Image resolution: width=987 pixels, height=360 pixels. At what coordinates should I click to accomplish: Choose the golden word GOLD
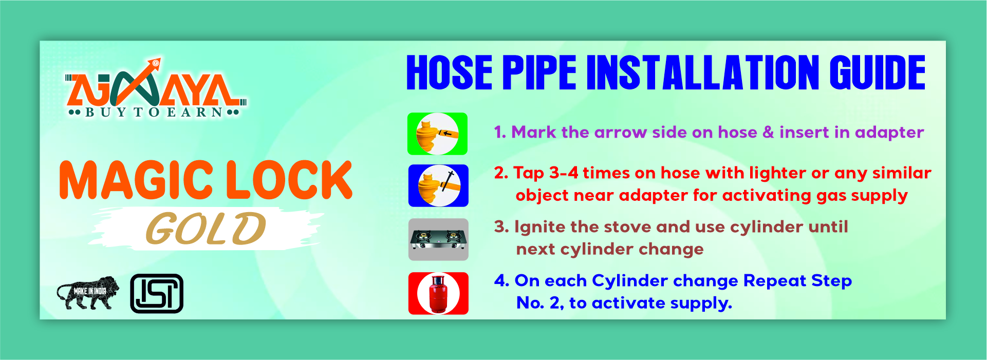206,229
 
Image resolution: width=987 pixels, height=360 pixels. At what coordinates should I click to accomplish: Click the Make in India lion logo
88,293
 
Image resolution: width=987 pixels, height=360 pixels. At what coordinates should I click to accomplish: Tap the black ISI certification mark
157,293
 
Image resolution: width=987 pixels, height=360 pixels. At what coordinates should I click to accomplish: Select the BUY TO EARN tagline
154,112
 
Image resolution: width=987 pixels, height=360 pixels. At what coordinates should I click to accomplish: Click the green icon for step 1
437,134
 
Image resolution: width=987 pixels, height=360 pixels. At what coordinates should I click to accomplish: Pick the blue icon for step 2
438,185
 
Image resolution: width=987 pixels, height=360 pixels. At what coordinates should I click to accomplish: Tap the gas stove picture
438,239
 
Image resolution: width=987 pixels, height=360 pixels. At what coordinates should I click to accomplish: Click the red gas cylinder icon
438,293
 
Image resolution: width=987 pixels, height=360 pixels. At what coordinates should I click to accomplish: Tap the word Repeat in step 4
774,281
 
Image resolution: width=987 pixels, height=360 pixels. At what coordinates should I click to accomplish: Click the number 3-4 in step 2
564,173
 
